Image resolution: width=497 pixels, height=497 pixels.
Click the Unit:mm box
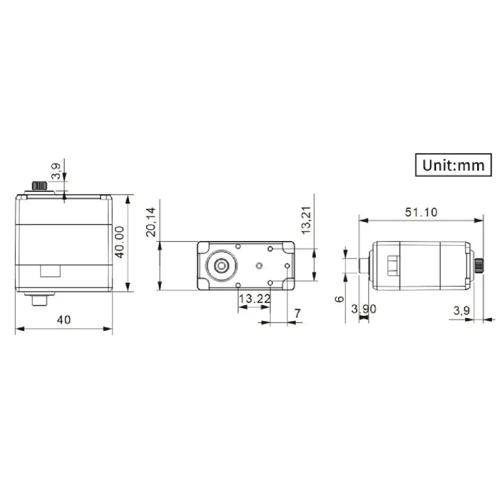453,165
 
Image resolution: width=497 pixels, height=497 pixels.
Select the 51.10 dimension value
421,212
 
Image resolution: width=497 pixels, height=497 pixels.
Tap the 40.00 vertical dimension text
119,242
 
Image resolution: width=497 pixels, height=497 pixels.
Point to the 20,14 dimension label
151,222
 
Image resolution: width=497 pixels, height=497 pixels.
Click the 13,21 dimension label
306,220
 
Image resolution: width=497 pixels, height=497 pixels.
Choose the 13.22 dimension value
254,298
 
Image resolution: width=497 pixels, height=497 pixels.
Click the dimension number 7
297,314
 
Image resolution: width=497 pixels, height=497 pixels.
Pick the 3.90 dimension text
364,309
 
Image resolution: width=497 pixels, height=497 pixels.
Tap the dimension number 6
339,299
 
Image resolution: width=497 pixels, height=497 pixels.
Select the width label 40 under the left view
64,320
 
